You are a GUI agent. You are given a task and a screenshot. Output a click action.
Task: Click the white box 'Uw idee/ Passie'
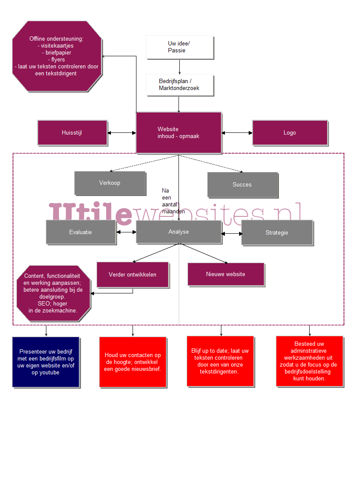[179, 47]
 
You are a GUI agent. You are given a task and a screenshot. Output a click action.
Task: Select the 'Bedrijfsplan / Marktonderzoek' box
[179, 85]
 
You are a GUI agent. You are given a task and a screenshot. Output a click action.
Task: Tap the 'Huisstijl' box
[72, 133]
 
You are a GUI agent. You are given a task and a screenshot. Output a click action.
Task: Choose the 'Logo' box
[289, 133]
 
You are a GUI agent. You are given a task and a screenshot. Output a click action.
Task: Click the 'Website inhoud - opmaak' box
[178, 132]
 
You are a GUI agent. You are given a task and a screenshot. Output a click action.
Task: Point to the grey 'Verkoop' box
[110, 183]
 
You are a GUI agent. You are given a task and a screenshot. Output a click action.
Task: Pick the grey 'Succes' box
[242, 185]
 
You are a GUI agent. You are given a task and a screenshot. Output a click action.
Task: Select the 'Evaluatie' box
[81, 232]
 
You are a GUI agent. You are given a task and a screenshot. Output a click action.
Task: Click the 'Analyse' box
[178, 232]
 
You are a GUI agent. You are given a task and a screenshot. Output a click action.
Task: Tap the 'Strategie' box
[277, 233]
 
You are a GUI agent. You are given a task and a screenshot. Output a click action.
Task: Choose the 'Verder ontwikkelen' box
[133, 274]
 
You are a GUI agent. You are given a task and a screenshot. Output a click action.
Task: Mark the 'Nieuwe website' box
[226, 274]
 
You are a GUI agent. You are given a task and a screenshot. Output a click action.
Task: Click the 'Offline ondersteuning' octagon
[57, 56]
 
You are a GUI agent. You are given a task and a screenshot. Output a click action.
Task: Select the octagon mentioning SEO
[53, 293]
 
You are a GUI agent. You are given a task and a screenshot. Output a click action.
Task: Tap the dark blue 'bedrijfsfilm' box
[46, 362]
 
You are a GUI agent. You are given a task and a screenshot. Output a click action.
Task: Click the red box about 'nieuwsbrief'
[133, 362]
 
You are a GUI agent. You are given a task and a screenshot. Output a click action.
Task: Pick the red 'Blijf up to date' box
[221, 361]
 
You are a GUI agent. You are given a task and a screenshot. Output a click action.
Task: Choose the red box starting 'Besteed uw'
[309, 361]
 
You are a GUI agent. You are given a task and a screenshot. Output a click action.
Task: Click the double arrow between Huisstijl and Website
[121, 133]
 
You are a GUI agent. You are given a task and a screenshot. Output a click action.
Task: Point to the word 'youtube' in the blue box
[50, 373]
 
